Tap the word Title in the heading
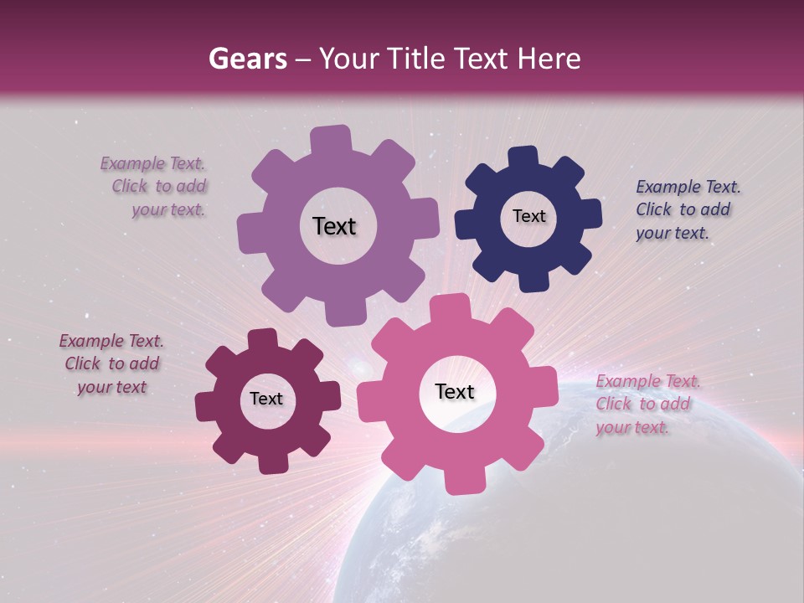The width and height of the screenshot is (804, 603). tap(416, 59)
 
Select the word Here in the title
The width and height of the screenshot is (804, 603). tap(549, 59)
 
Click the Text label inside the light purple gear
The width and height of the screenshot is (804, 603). tap(334, 226)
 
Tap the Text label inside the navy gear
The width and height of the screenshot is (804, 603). tap(528, 216)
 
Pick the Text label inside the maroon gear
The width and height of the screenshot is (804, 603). tap(266, 399)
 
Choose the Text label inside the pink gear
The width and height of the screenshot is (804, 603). tap(455, 391)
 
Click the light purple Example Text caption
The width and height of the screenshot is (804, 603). tap(155, 187)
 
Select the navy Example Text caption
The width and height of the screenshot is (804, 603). tap(687, 209)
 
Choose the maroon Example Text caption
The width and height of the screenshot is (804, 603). tap(111, 364)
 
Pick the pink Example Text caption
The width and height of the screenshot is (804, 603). tap(647, 404)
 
